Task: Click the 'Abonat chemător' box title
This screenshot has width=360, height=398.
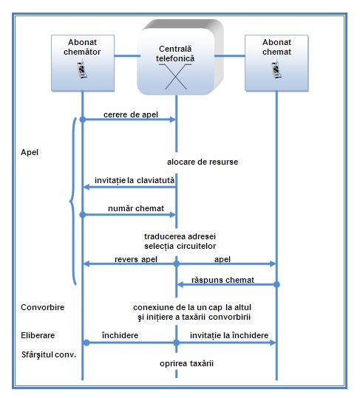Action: coord(82,47)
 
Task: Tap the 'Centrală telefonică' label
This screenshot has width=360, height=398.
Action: coord(175,54)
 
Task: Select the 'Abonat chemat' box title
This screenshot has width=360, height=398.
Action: coord(276,47)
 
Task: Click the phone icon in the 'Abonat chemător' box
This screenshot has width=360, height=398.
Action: coord(82,69)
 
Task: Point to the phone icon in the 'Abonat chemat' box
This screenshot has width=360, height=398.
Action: coord(276,69)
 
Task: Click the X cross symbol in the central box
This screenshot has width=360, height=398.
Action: coord(175,76)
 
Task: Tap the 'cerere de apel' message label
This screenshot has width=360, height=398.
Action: coord(131,114)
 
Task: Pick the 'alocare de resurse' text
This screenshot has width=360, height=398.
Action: coord(203,162)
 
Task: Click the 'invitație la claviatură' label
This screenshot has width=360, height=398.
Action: coord(135,180)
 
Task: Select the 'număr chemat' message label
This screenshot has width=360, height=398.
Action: coord(136,208)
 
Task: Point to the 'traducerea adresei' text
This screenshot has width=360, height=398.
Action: coord(180,236)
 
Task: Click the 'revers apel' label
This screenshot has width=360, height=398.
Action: coord(136,259)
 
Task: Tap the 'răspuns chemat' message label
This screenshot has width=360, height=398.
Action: coord(223,280)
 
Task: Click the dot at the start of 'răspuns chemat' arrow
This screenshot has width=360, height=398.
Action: coord(276,284)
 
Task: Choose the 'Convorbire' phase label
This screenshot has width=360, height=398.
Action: coord(42,307)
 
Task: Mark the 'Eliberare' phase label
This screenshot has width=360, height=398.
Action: coord(38,335)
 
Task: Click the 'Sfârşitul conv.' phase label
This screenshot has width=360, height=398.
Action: coord(49,354)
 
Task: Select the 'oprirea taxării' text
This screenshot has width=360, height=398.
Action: coord(186,363)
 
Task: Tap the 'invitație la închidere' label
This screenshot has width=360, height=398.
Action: coord(229,335)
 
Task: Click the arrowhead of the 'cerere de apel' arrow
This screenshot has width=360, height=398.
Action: coord(173,120)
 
